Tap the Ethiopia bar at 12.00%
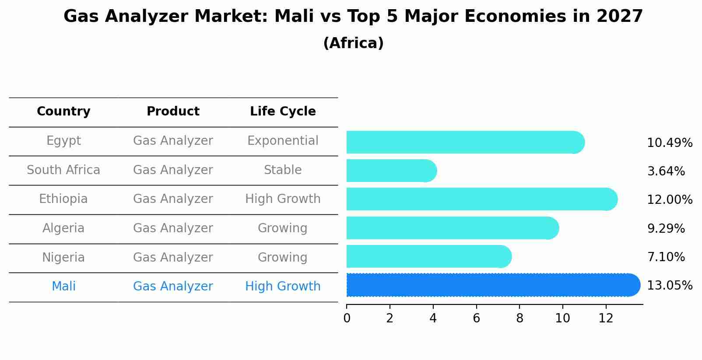click(481, 199)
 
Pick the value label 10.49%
click(669, 143)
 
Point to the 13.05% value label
click(669, 286)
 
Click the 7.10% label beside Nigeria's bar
click(666, 257)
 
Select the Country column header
click(63, 112)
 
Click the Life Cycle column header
click(283, 112)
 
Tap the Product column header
click(173, 112)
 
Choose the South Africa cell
click(63, 170)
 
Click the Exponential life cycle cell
click(283, 141)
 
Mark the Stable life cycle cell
click(283, 170)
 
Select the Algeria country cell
click(63, 228)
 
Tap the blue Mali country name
click(63, 287)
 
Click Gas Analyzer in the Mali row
click(173, 287)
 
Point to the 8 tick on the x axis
click(519, 318)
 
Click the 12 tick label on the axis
click(606, 318)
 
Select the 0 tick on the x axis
click(347, 318)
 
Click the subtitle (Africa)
click(353, 43)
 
